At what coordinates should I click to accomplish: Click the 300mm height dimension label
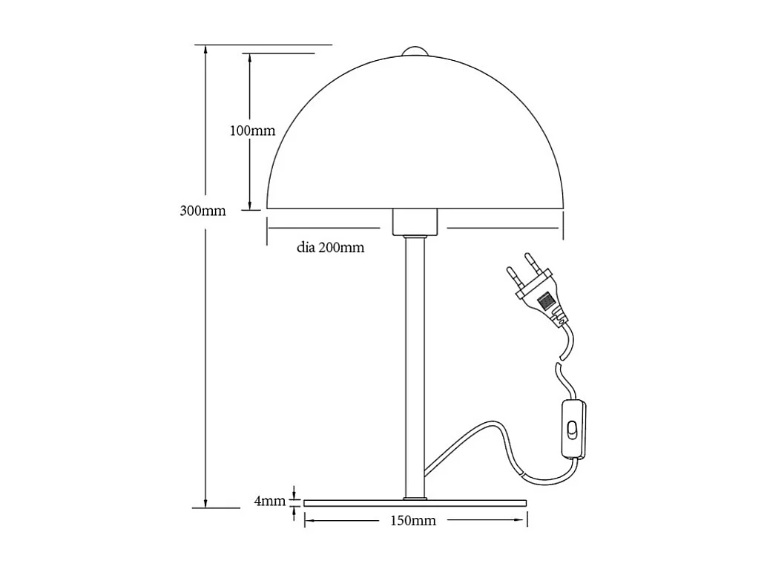203,210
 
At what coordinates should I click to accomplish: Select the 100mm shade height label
252,131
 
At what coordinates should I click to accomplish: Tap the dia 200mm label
331,248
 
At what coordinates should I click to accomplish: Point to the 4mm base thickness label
269,501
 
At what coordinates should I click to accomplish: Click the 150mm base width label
413,521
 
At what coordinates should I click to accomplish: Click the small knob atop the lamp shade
415,51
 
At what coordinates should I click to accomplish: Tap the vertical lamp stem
415,364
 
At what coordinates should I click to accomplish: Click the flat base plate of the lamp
415,502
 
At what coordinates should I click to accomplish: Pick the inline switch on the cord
573,430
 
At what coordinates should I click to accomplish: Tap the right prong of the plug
533,262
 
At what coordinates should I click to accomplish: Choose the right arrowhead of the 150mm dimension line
522,521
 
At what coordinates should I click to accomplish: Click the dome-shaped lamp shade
415,141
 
